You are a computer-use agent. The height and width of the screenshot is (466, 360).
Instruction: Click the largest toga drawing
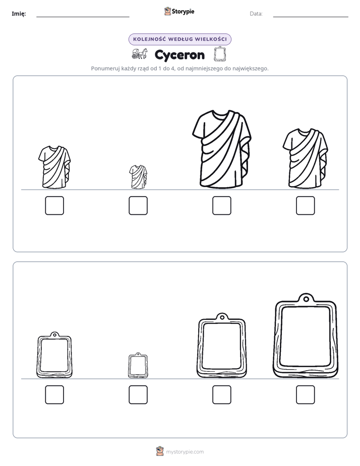tap(221, 149)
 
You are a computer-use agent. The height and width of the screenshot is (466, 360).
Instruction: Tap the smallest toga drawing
tap(138, 177)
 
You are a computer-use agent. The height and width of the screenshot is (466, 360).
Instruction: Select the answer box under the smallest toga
tap(138, 205)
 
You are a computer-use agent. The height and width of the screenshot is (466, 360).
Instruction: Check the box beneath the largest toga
tap(221, 205)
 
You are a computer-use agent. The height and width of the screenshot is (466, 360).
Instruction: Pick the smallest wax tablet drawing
tap(138, 366)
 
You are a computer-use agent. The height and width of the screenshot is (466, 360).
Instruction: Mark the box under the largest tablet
tap(306, 395)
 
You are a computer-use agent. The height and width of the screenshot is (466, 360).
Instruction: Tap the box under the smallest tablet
tap(138, 395)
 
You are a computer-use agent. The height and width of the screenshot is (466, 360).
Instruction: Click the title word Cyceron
tap(179, 55)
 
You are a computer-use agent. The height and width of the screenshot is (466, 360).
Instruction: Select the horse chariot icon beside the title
tap(139, 54)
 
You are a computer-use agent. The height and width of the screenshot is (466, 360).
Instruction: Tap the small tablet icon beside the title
tap(220, 54)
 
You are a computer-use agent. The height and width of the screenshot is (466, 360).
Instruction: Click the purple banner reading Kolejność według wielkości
tap(179, 39)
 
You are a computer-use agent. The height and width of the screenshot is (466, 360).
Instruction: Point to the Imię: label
tap(19, 14)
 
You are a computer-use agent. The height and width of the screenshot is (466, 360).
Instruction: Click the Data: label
tap(256, 14)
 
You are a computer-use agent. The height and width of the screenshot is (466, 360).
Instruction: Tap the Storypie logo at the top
tap(179, 11)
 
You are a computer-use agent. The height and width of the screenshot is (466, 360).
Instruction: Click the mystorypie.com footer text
tap(185, 452)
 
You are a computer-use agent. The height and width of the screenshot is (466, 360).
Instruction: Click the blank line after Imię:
tap(83, 17)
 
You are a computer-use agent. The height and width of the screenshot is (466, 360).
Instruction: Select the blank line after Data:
tap(311, 17)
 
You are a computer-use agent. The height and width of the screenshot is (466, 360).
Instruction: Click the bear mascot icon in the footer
tap(160, 451)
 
